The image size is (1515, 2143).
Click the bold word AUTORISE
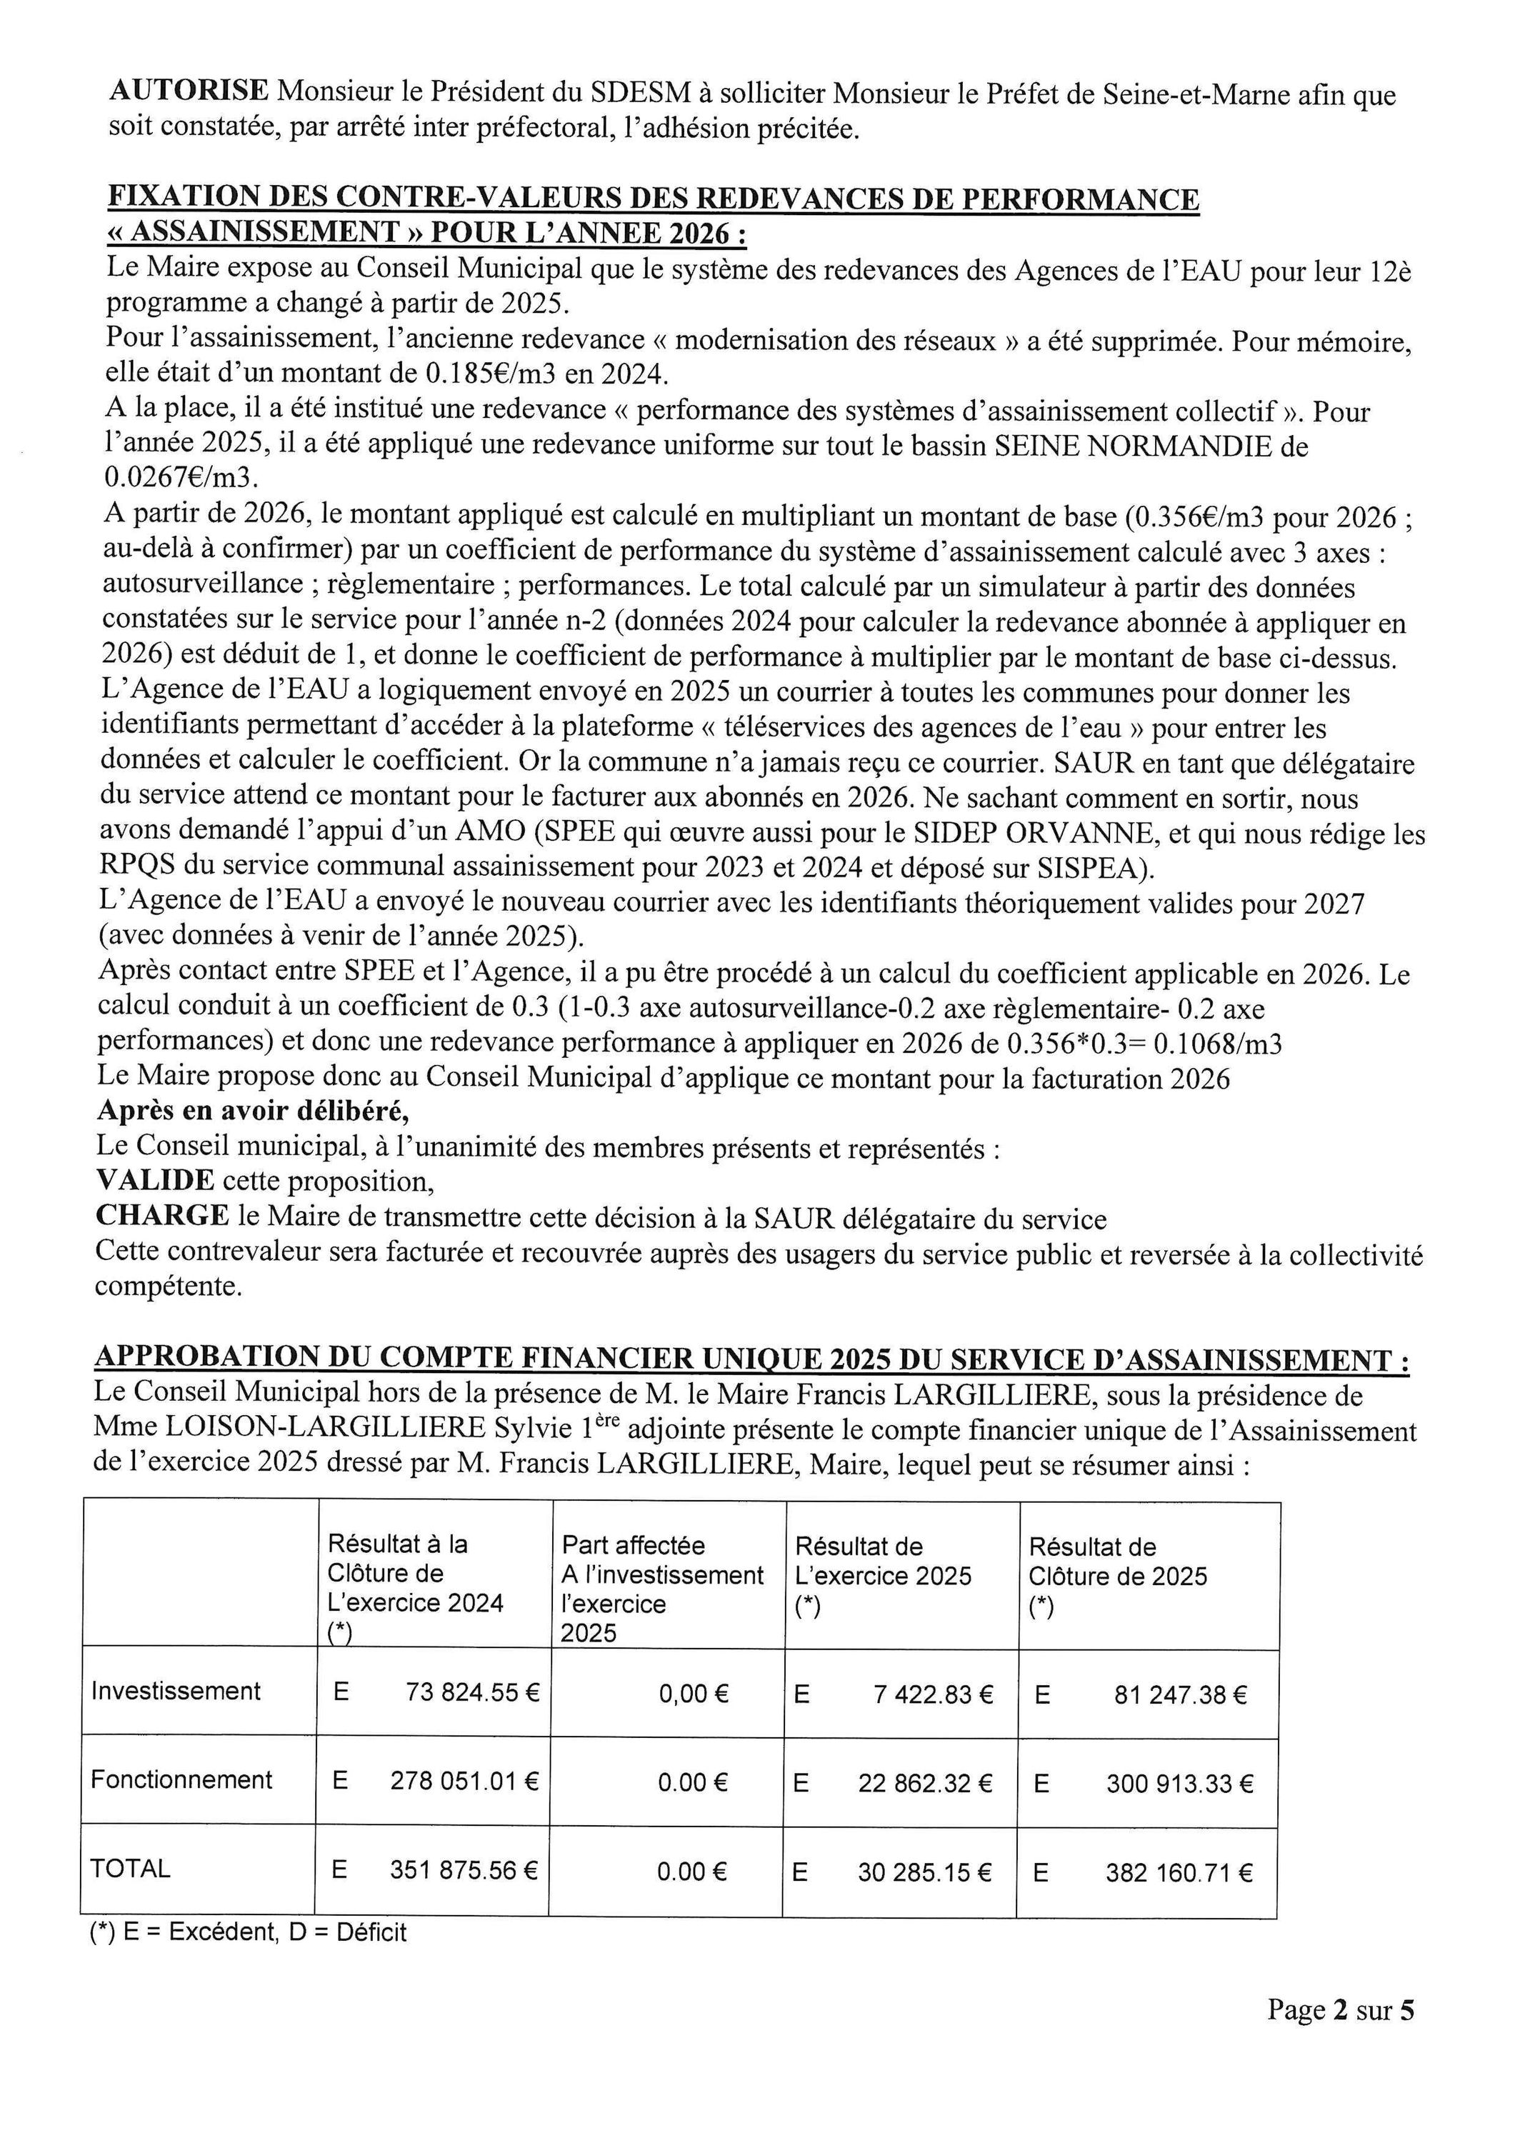(189, 92)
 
